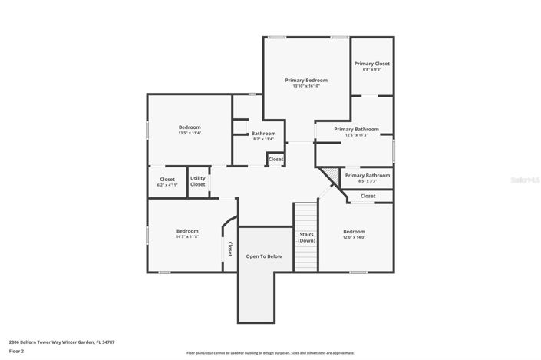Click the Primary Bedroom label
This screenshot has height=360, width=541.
306,80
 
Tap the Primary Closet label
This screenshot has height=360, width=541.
371,64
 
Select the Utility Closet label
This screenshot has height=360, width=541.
198,181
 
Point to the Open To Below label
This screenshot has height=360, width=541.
263,256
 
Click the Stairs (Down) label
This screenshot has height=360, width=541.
306,237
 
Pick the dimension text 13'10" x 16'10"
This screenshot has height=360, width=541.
306,86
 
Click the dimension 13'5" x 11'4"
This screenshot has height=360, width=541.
190,134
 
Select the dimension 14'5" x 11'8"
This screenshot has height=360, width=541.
187,237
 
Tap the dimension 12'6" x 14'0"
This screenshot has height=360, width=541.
354,237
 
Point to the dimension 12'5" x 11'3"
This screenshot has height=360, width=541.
356,136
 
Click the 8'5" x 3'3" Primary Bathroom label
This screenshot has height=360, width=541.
367,175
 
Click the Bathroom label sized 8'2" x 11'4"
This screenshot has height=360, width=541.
263,134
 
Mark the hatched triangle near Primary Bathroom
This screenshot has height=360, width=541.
329,174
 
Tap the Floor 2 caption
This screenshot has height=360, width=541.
17,351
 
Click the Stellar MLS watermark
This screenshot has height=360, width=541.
526,180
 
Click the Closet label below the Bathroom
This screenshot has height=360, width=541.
275,160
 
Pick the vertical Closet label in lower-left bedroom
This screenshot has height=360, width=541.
229,249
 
